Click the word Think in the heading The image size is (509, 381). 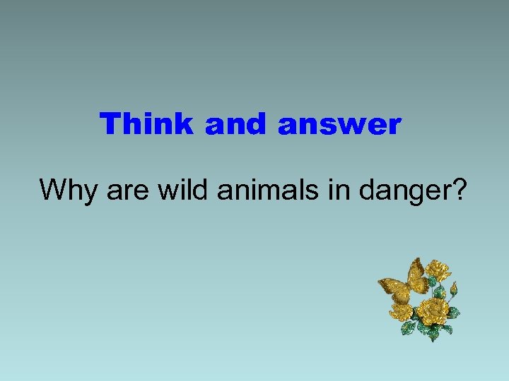146,124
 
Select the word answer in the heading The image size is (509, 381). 339,124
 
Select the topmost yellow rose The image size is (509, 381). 439,270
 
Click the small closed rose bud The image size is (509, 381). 453,289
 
